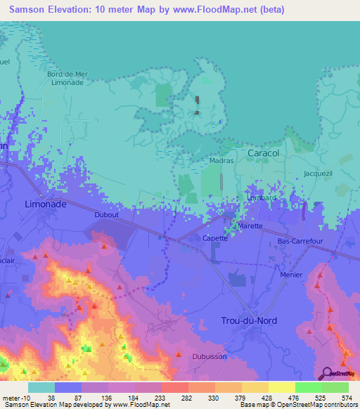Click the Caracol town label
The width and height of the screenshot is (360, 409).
[x=264, y=152]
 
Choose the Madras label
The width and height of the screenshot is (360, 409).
[x=221, y=161]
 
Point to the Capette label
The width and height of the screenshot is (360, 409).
[x=215, y=238]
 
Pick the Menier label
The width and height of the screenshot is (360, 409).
[x=291, y=275]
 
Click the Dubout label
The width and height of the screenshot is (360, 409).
[x=106, y=215]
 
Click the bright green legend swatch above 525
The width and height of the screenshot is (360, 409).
[x=308, y=387]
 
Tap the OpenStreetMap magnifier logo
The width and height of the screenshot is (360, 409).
[x=327, y=373]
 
